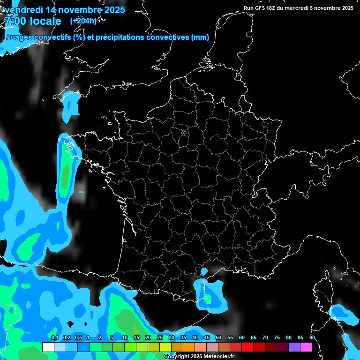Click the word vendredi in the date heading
(x=23, y=9)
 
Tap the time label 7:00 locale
(x=33, y=21)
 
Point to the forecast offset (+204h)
(x=83, y=21)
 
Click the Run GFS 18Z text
(x=263, y=8)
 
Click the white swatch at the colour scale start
(x=48, y=347)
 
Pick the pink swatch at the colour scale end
(x=306, y=347)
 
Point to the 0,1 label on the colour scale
(x=54, y=338)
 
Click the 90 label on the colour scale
(x=312, y=338)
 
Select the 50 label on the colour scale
(x=218, y=338)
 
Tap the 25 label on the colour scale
(x=160, y=338)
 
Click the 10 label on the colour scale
(x=125, y=338)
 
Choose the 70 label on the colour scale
(x=265, y=338)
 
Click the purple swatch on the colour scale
(x=294, y=347)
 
